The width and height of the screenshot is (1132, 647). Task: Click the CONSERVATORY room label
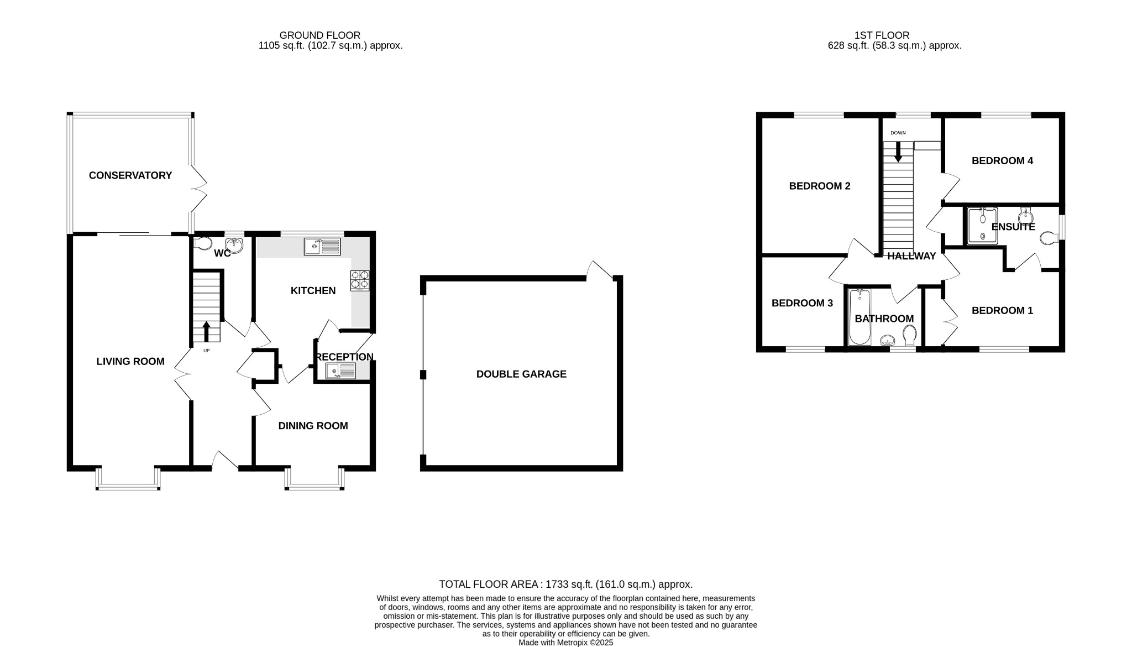(x=130, y=175)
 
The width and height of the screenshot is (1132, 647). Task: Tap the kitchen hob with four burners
(x=359, y=280)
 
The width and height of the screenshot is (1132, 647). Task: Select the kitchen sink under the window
(x=322, y=247)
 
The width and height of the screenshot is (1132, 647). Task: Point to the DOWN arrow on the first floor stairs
(x=898, y=152)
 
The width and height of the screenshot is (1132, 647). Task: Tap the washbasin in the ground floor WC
(x=235, y=245)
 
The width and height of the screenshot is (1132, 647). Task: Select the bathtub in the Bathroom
(x=860, y=317)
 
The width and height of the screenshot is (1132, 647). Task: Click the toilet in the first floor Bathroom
(x=909, y=335)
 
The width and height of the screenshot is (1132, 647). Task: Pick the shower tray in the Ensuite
(x=982, y=226)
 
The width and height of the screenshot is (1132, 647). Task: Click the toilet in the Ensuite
(x=1049, y=238)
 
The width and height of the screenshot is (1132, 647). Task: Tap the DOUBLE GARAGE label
(x=521, y=374)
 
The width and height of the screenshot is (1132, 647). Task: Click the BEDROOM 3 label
(x=802, y=303)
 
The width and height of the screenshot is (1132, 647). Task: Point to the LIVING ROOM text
(x=130, y=361)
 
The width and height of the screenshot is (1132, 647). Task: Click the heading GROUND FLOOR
(x=319, y=35)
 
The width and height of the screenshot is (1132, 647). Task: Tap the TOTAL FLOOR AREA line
(x=565, y=584)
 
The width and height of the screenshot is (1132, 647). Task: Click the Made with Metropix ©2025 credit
(x=565, y=643)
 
